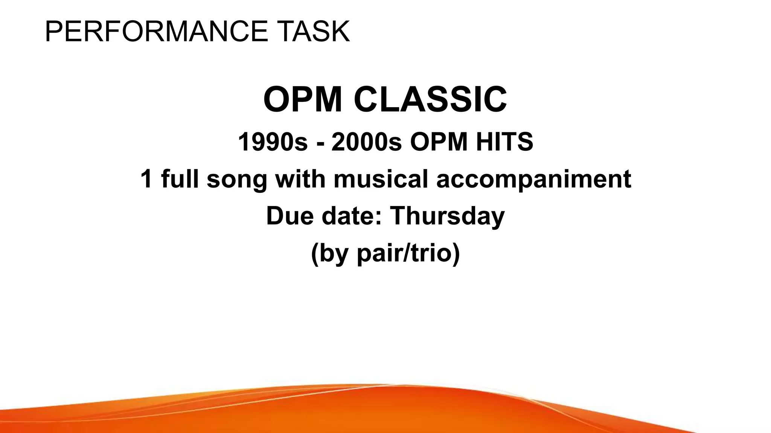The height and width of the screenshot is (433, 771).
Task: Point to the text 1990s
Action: coord(273,142)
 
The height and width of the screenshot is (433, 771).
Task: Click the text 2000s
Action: coord(366,142)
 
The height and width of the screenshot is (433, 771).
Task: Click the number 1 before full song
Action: coord(147,179)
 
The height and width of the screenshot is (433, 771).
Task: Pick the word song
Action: coord(237,180)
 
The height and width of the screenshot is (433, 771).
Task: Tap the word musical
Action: coord(381,179)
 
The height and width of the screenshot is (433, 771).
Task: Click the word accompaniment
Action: coord(533,180)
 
